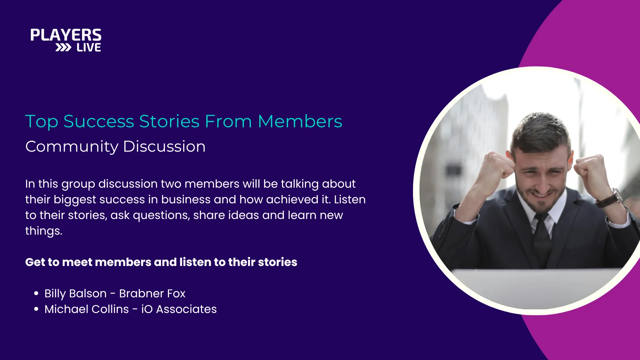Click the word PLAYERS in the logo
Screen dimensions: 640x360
point(66,35)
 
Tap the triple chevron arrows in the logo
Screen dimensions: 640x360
point(63,48)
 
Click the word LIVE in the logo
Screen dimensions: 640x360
point(89,48)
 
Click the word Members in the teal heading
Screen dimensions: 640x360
point(300,121)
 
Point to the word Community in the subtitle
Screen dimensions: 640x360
point(72,147)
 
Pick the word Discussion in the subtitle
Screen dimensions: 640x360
point(164,146)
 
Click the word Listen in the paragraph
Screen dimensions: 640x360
point(350,199)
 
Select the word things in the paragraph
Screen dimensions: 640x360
point(44,231)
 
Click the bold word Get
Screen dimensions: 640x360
point(35,262)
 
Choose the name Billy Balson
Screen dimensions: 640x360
point(75,293)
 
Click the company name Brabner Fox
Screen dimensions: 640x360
point(152,293)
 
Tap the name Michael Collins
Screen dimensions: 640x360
point(87,309)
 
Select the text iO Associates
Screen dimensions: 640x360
point(179,309)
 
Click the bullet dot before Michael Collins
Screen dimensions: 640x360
point(36,309)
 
